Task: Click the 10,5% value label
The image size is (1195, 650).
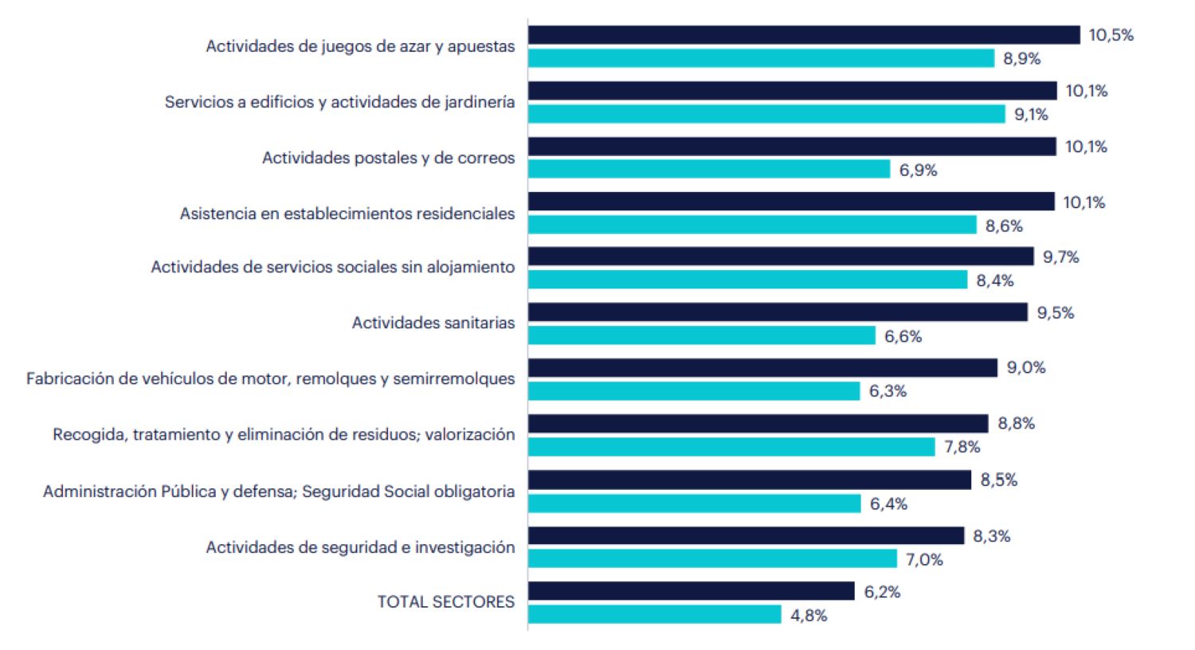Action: (x=1111, y=35)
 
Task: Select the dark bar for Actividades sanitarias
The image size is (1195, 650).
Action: (x=777, y=312)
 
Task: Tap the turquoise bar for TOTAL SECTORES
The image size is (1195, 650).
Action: (x=654, y=614)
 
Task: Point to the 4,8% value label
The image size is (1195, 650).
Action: (x=809, y=616)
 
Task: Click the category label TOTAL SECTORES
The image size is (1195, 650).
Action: (x=445, y=602)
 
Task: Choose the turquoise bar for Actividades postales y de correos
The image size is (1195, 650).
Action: (x=708, y=169)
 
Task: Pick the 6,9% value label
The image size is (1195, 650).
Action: (x=918, y=170)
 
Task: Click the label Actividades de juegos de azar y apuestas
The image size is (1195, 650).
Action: (x=360, y=46)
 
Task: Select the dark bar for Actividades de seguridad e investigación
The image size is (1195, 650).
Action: (x=745, y=535)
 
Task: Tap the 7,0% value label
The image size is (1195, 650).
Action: (x=924, y=560)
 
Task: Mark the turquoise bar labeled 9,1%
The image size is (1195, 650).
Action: (x=766, y=114)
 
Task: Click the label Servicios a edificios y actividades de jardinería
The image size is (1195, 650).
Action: (x=339, y=102)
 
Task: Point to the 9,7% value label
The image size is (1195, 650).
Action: (x=1060, y=257)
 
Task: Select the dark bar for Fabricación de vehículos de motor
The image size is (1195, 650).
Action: (x=762, y=367)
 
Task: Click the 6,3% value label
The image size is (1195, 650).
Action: (x=887, y=391)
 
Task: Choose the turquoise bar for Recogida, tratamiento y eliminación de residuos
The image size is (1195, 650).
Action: (x=731, y=447)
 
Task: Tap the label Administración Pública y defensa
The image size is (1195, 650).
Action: (x=278, y=491)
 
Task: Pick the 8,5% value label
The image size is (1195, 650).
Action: (x=998, y=480)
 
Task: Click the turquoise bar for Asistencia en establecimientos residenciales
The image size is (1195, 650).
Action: (x=751, y=225)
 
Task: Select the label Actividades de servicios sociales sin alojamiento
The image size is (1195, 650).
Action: (x=332, y=267)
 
